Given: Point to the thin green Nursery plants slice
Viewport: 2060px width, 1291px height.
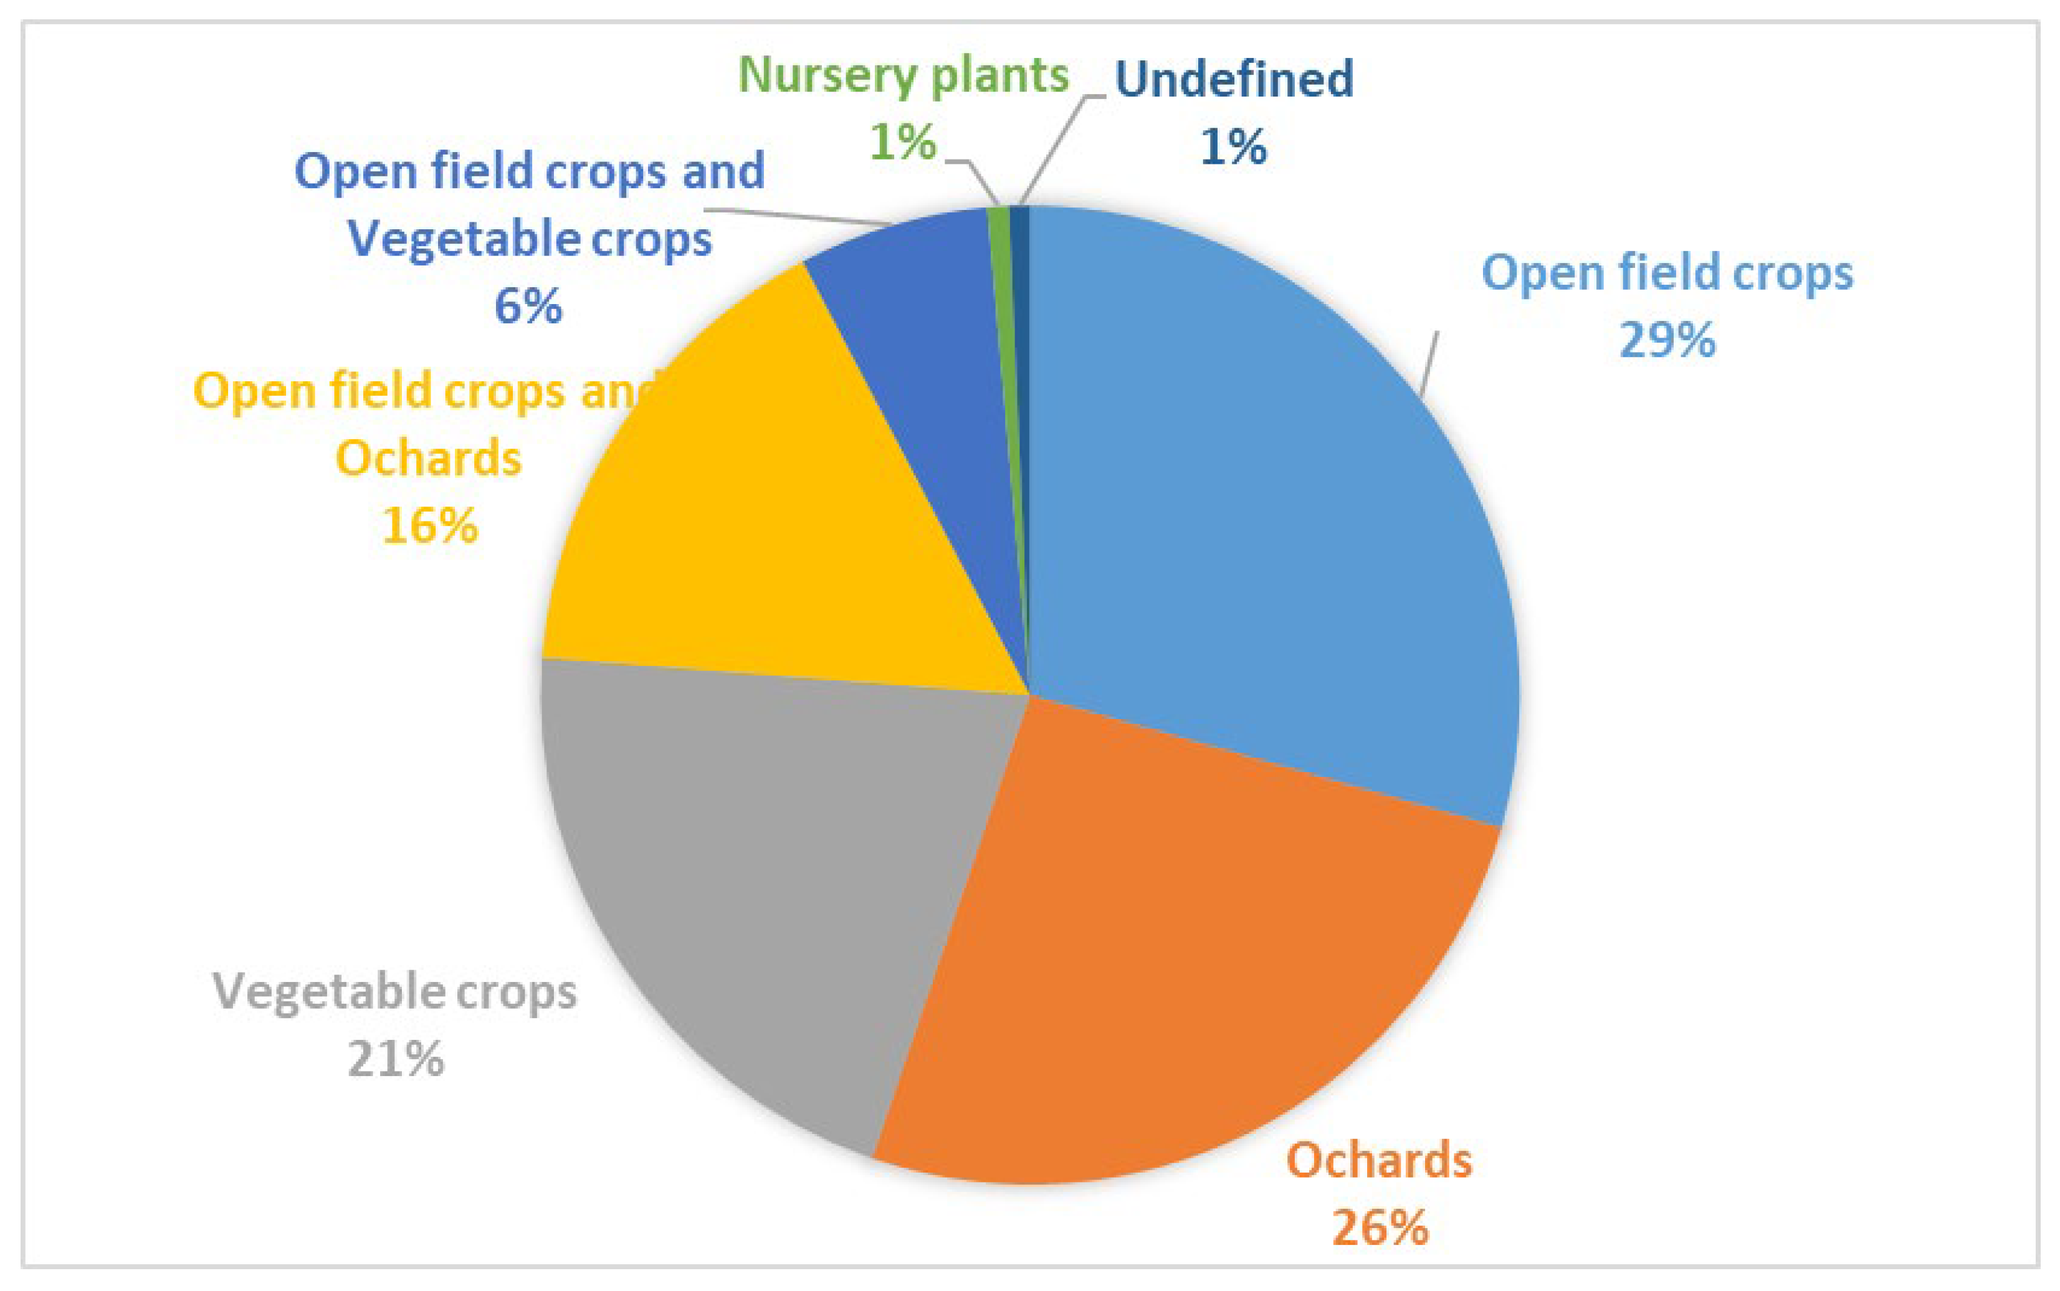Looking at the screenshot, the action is tap(1003, 341).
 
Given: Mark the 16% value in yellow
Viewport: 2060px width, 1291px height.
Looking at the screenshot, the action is tap(429, 525).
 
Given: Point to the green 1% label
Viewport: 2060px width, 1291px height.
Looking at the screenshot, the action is tap(904, 141).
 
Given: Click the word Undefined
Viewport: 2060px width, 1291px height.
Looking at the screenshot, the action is tap(1234, 79).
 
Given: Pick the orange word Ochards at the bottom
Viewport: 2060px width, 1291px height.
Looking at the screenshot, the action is tap(1380, 1160).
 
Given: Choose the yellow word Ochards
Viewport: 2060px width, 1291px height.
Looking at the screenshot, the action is tap(429, 458).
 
